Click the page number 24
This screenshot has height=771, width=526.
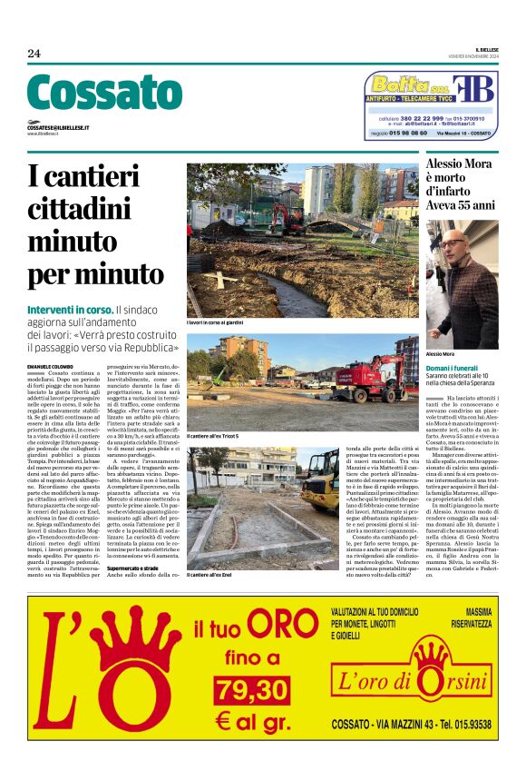point(34,54)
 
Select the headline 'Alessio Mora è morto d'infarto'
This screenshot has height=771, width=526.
point(460,184)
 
